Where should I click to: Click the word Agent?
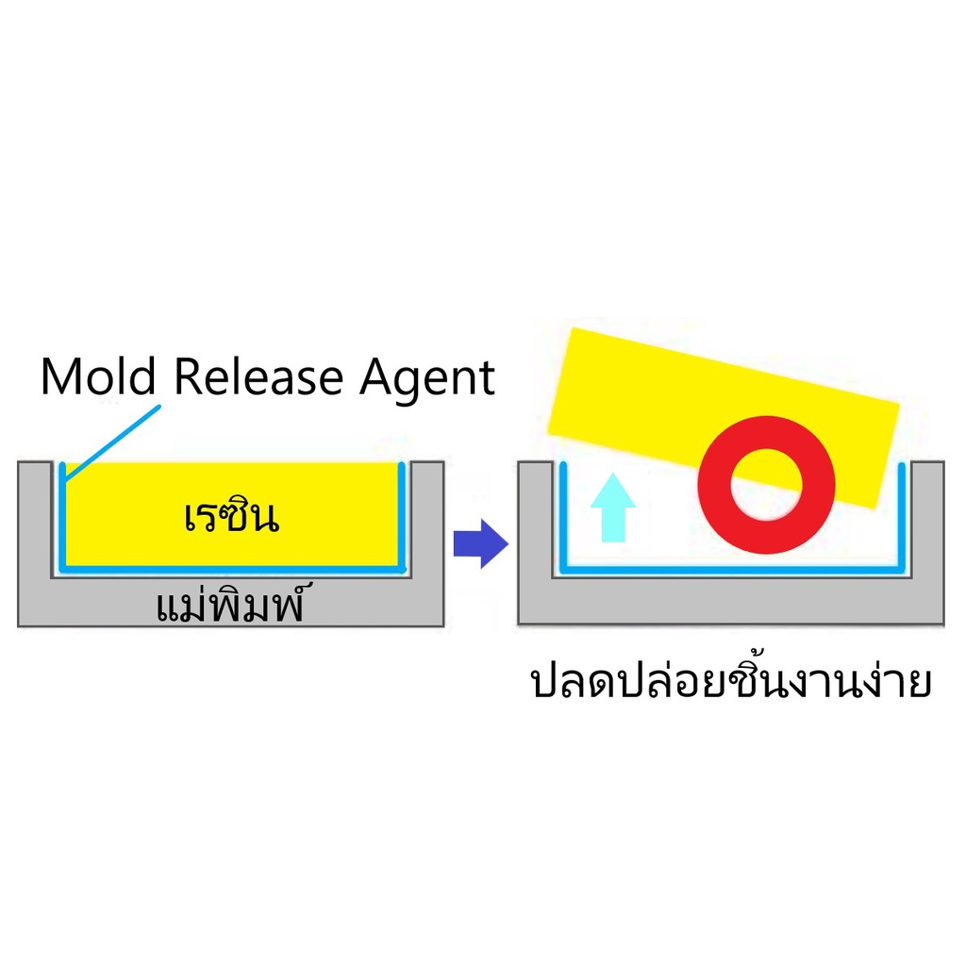click(x=427, y=378)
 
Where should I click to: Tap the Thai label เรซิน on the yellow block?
click(x=232, y=516)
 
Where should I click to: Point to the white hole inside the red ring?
click(x=767, y=485)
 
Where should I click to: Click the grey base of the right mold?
click(x=731, y=601)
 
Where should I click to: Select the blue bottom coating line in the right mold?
click(x=731, y=570)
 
